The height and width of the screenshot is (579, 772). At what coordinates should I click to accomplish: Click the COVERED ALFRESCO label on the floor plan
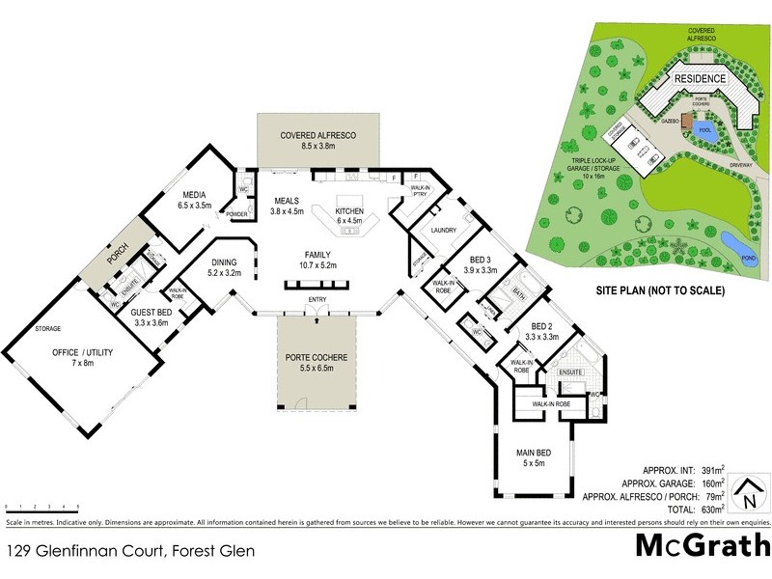coord(318,136)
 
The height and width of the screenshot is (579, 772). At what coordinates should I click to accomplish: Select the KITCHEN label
coord(348,209)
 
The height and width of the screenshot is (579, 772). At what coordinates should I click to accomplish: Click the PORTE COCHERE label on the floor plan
coord(317,356)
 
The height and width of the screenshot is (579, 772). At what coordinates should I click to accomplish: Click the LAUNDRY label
coord(444,231)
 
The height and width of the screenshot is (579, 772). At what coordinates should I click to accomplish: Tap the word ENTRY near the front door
coord(317,300)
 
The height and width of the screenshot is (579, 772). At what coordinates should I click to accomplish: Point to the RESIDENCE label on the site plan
coord(699,77)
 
